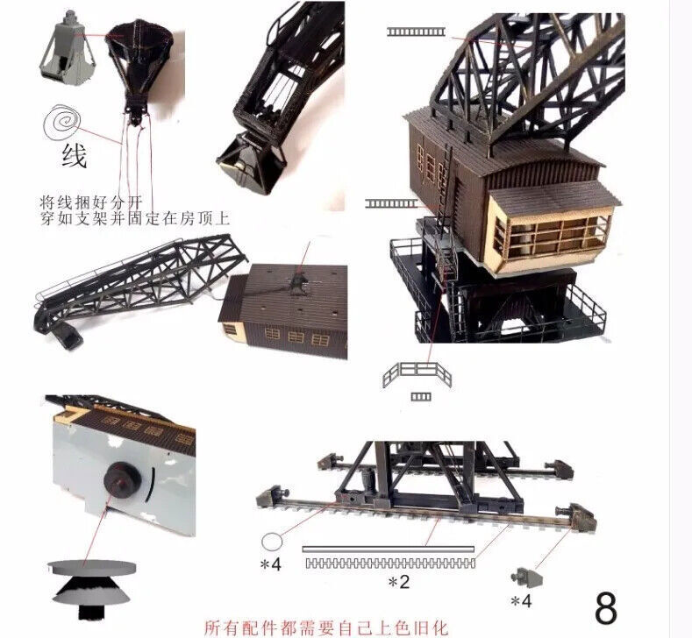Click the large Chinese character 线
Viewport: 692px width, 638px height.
click(74, 157)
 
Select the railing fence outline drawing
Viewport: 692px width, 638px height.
click(417, 374)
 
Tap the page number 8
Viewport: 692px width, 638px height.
click(605, 606)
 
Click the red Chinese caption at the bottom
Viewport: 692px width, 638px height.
click(325, 627)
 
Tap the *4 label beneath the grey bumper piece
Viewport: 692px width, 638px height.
click(520, 600)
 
